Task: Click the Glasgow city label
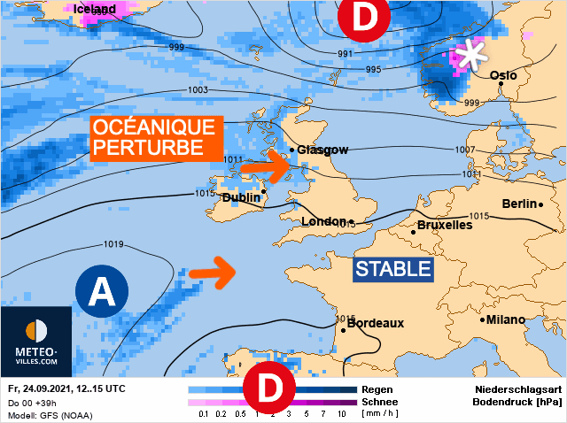[322, 150]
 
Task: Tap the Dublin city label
[241, 197]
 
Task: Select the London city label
[323, 221]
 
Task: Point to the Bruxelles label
[444, 225]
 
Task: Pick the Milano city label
[505, 319]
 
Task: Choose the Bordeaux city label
[375, 323]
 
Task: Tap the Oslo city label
[503, 76]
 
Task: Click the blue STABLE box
[392, 268]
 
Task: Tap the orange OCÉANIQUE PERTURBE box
[155, 137]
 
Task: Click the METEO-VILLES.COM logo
[36, 341]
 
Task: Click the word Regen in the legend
[378, 388]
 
